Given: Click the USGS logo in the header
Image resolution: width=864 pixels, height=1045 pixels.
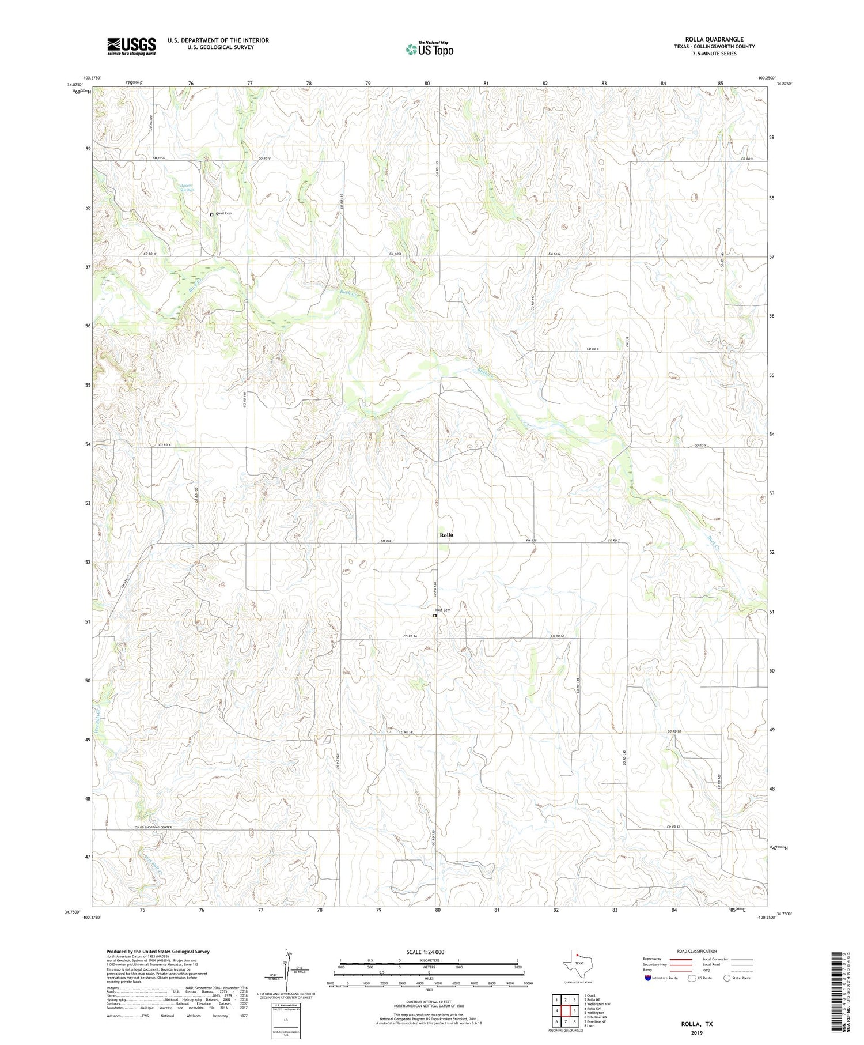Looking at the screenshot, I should [x=131, y=46].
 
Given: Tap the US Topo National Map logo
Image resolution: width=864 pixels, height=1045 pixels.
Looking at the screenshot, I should [x=429, y=50].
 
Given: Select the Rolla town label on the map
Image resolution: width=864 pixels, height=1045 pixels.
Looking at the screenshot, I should [x=446, y=535].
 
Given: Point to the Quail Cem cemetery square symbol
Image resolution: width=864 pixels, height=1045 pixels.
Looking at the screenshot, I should [x=211, y=214].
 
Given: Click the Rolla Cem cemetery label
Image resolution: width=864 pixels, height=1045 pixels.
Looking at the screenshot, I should [x=442, y=610].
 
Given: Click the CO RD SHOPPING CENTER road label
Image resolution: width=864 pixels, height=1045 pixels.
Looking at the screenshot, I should [x=153, y=828].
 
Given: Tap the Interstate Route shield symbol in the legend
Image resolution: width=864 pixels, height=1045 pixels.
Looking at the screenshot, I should [x=648, y=978].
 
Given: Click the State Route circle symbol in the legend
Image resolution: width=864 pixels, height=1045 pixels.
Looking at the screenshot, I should [x=727, y=978].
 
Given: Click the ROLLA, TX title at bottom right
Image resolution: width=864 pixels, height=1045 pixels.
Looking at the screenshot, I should [x=696, y=1024].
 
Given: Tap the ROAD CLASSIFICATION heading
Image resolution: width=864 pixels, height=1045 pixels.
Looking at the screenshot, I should [x=696, y=951].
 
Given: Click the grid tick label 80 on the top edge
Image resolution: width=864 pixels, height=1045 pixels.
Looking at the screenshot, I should [x=427, y=84].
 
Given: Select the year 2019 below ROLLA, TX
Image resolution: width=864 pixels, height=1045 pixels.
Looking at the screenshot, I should [x=696, y=1032].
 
